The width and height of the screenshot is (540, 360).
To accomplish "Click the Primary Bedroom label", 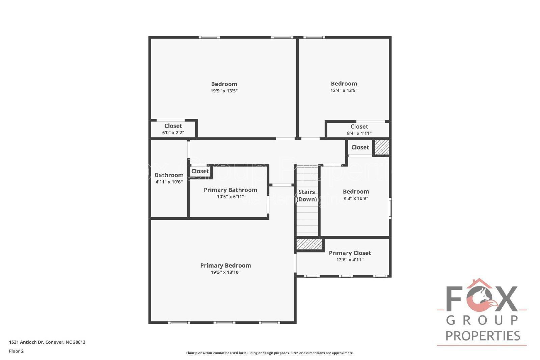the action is (x=225, y=266).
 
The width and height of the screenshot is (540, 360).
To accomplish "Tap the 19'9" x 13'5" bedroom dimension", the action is (x=224, y=91).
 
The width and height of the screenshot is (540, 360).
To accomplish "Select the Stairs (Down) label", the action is (x=306, y=195).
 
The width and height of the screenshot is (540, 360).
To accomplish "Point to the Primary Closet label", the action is (x=350, y=253).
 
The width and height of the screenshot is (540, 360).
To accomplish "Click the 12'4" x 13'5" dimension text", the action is (x=344, y=90).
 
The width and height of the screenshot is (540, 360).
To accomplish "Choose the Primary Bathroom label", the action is (x=231, y=190).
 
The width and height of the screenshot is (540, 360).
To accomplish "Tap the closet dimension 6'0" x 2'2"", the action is (x=173, y=133).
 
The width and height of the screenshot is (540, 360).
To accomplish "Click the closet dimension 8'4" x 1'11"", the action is (x=359, y=133).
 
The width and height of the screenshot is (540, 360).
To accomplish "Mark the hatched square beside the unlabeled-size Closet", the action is (x=382, y=147).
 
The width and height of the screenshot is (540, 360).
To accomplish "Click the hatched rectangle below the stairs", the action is (x=309, y=244).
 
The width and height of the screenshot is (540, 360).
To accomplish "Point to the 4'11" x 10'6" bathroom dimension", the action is (x=169, y=182).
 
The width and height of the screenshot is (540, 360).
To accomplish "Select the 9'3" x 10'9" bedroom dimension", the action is (x=356, y=198).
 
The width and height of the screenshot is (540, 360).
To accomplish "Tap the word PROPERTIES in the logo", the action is (x=483, y=336).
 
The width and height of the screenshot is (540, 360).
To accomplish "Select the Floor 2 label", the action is (x=17, y=351).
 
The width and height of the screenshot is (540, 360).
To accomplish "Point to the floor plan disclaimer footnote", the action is (x=270, y=353).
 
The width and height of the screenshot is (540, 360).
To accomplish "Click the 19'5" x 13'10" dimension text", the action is (x=225, y=272).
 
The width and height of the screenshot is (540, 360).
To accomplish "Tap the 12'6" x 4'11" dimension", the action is (x=350, y=260).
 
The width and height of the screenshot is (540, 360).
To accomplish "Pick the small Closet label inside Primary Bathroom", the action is (x=200, y=171).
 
